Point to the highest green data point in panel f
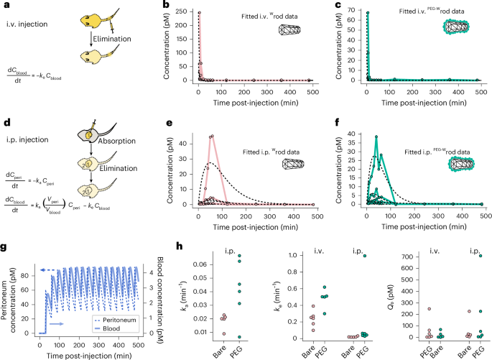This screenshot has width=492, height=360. pyautogui.click(x=376, y=137)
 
